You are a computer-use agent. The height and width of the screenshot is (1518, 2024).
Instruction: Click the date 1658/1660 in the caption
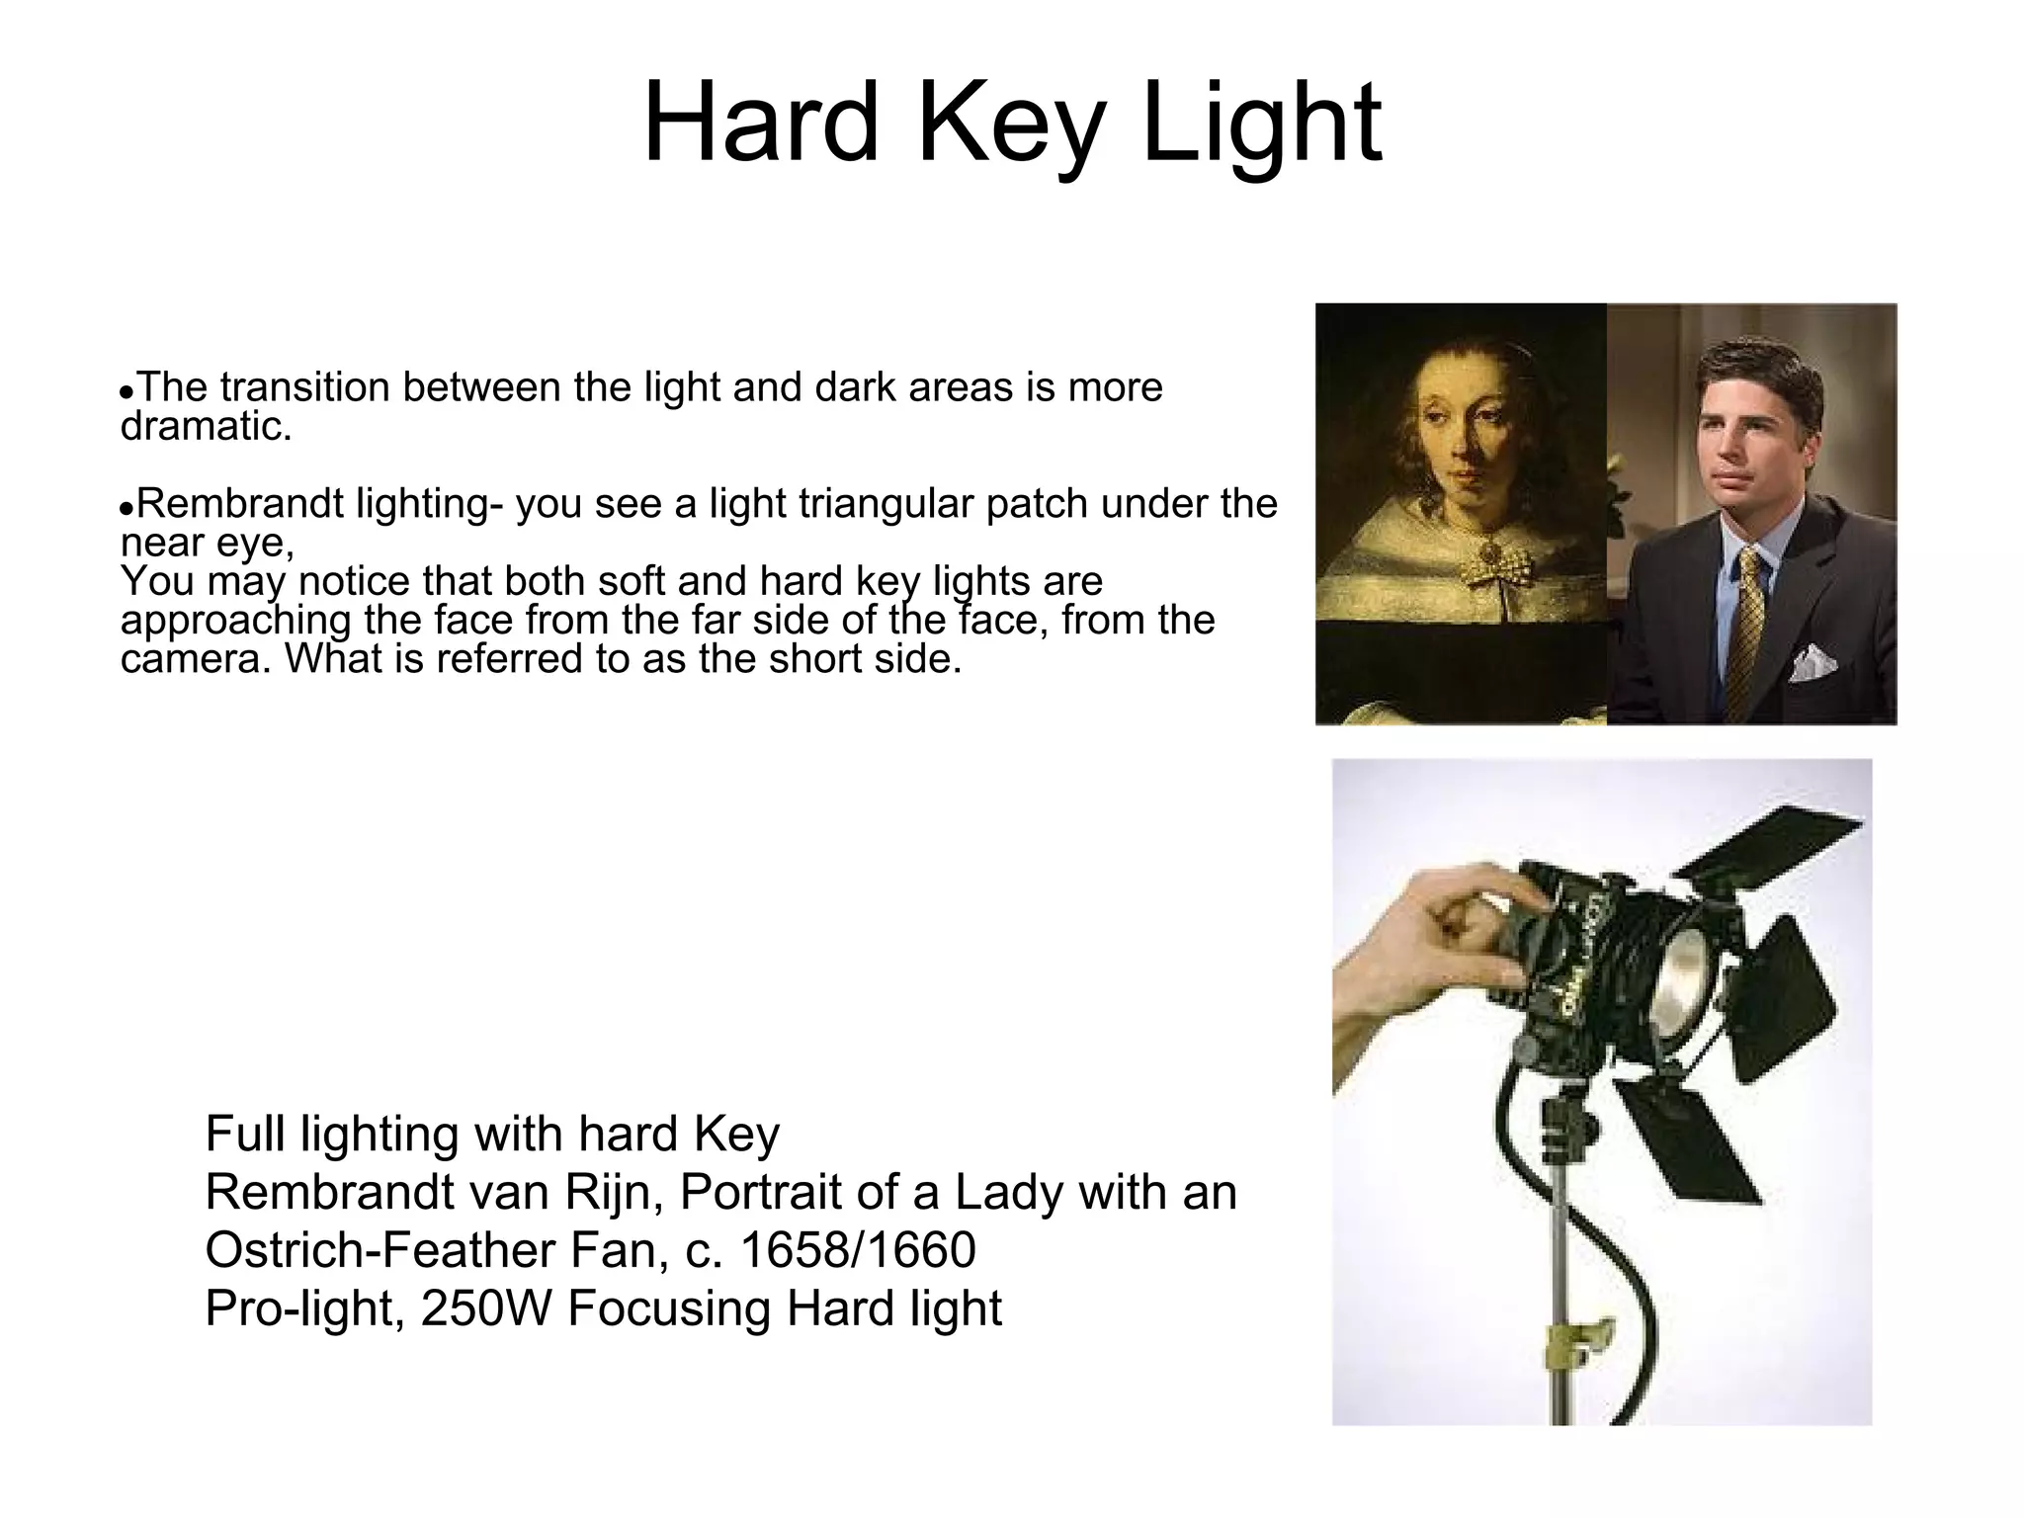857,1250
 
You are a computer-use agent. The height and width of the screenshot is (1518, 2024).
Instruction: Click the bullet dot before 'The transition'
126,391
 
